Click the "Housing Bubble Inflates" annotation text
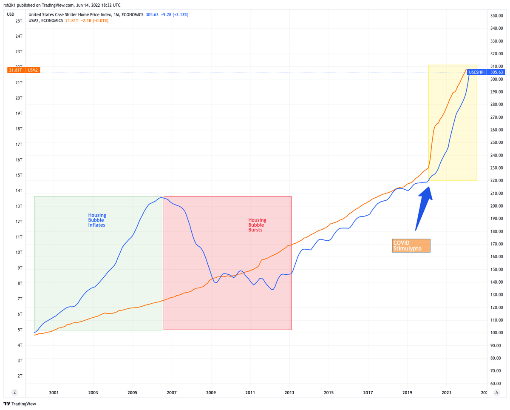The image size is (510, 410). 97,220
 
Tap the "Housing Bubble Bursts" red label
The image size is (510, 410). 257,225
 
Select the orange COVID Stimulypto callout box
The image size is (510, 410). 411,245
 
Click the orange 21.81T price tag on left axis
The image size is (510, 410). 16,70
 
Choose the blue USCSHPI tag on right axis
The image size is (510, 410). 476,72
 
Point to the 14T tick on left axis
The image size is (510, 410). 19,191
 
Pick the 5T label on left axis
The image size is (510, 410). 20,330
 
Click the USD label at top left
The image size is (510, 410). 11,14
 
